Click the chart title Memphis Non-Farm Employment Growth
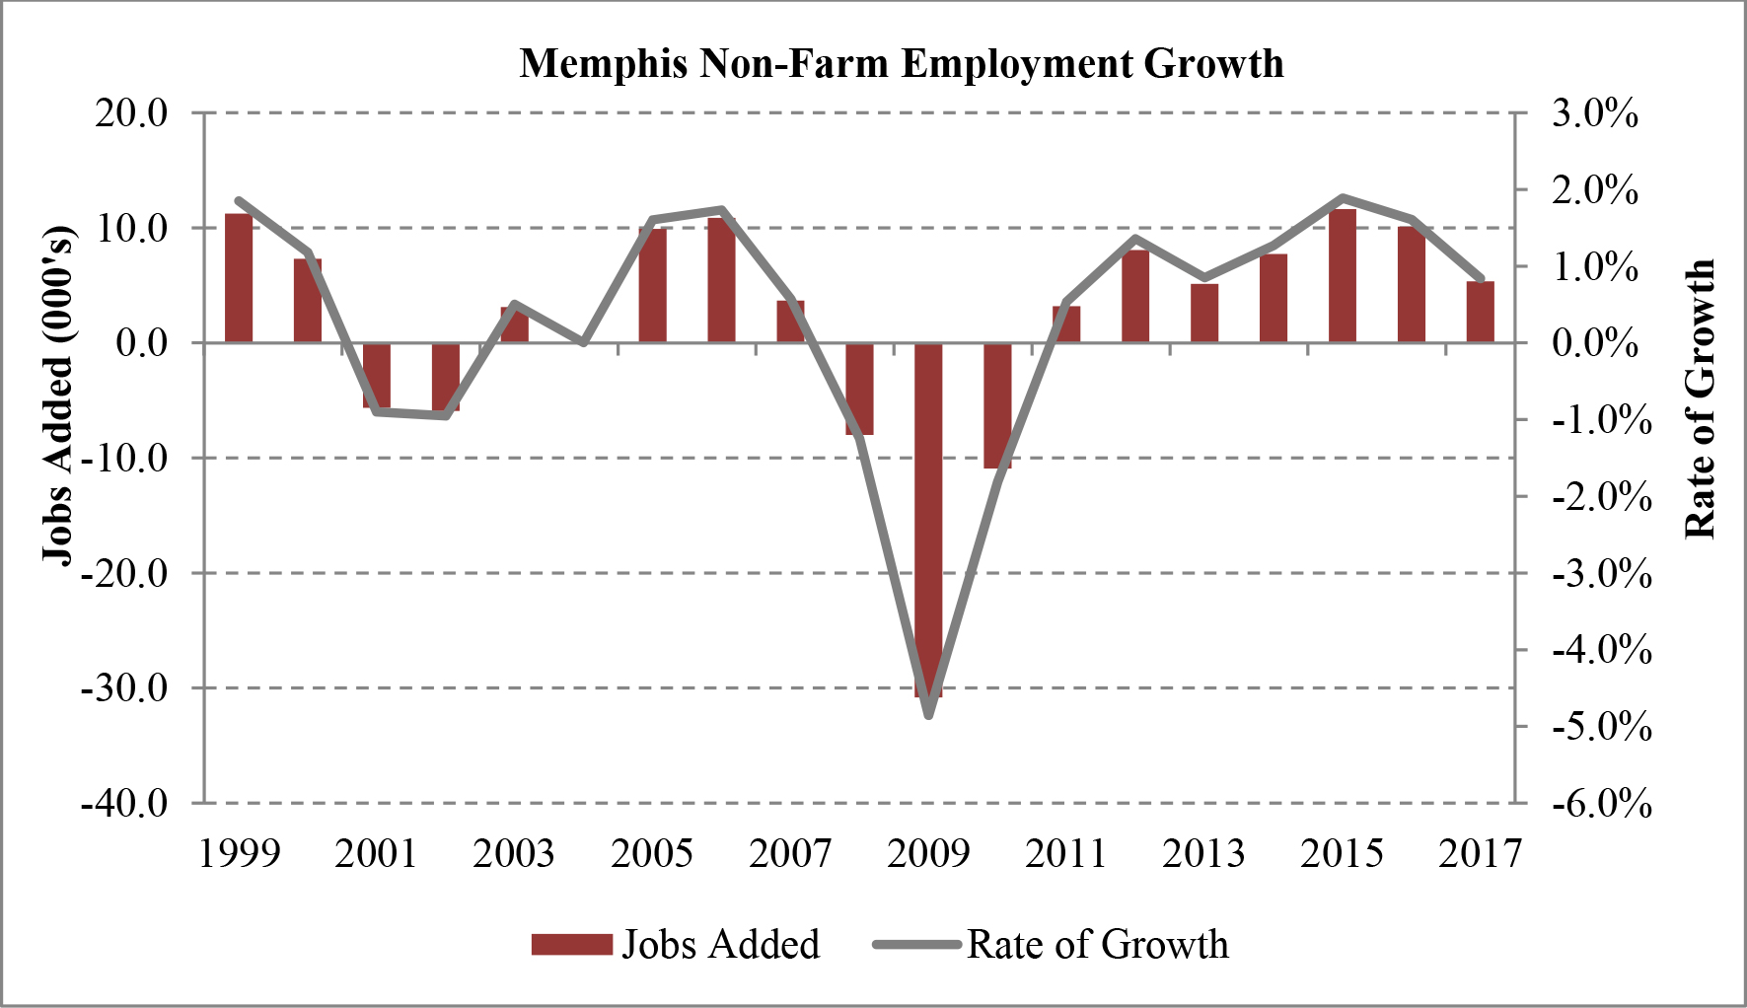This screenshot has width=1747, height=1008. (x=902, y=64)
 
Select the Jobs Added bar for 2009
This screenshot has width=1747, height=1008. (x=928, y=520)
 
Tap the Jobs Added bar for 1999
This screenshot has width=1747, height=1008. (x=239, y=278)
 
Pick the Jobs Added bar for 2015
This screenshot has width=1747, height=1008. (x=1343, y=276)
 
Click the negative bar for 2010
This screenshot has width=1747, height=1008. (x=997, y=405)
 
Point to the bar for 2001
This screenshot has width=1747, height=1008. (x=377, y=375)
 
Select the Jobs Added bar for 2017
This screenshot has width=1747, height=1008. (x=1480, y=312)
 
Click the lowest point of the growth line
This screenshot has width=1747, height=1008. (x=928, y=714)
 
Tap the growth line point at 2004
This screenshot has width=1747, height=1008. (x=584, y=342)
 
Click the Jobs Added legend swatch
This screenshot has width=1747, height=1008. (x=571, y=944)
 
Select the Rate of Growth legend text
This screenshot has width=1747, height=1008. (x=1098, y=944)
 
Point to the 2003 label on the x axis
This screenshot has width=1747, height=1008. (x=514, y=853)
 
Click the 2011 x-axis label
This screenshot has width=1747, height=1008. (x=1066, y=853)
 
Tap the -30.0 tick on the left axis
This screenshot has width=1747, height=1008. (x=125, y=688)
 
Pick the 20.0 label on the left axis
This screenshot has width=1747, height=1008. (x=131, y=112)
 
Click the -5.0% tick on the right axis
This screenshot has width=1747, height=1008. (x=1601, y=727)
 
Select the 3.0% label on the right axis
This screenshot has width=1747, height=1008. (x=1595, y=113)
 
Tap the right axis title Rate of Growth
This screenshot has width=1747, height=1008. (x=1700, y=399)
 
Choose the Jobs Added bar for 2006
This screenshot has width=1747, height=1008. (x=721, y=280)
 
